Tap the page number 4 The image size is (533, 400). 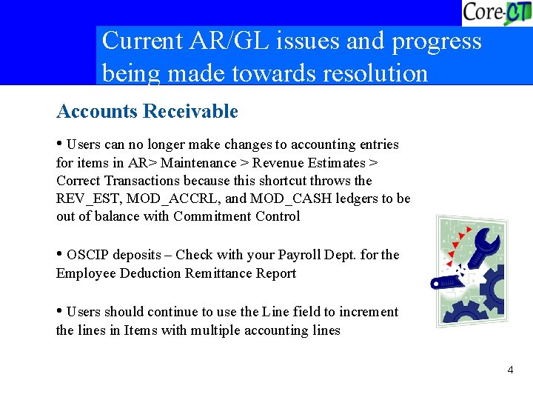[511, 369]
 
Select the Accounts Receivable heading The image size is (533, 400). [147, 112]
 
